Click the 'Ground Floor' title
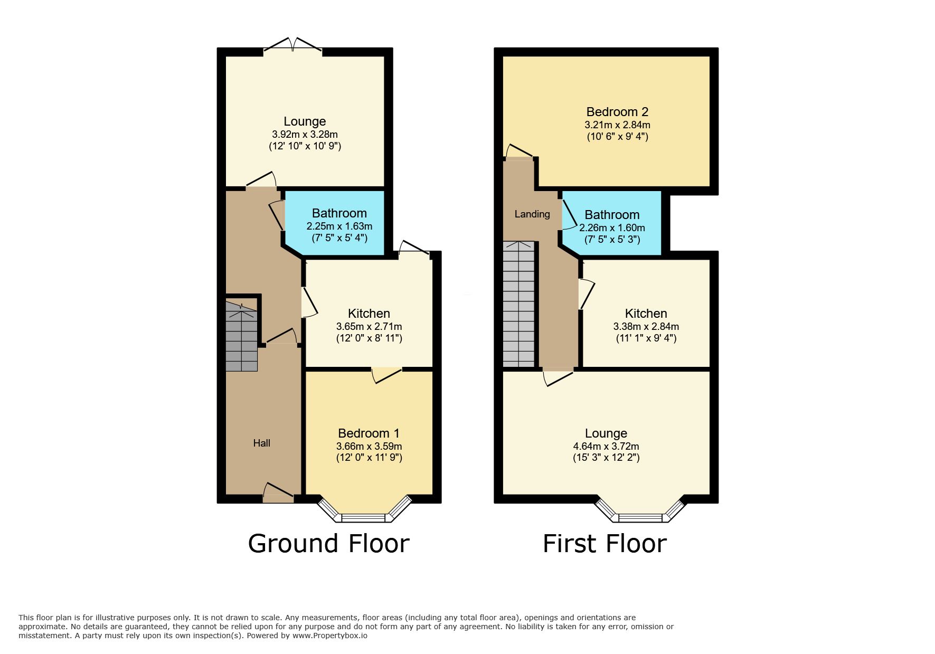328,544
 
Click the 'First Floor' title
605,544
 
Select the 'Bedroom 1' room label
369,433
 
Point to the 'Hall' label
261,443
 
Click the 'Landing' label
532,214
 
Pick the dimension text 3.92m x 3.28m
305,134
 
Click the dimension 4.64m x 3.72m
606,447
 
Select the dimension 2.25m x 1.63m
339,226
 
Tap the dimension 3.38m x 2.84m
646,326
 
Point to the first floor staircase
519,304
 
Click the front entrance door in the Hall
278,492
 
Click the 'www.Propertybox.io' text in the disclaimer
330,636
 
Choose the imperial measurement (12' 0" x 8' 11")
369,338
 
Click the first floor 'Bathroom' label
612,215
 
